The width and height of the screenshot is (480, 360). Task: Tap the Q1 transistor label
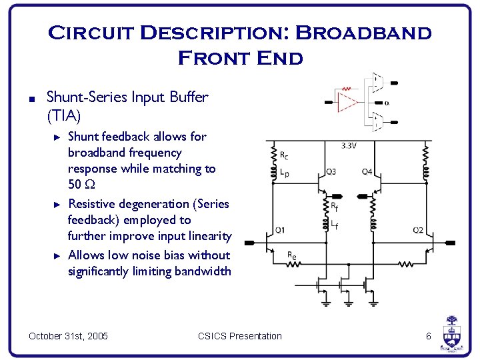280,230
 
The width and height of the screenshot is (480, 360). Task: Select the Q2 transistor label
418,230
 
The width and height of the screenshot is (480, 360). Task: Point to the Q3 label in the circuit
331,171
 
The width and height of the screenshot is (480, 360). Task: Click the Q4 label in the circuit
367,171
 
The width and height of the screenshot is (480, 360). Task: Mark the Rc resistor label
285,157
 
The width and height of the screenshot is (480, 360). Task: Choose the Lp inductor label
285,173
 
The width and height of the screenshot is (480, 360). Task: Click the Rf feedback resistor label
335,207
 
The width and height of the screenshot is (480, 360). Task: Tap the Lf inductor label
335,225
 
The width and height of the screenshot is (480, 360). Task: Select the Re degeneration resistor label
291,255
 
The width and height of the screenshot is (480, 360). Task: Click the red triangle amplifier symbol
347,102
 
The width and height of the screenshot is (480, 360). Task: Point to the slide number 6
429,336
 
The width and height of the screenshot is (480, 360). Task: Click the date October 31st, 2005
68,336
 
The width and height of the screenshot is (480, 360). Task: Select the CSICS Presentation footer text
240,336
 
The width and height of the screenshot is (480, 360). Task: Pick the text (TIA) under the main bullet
63,116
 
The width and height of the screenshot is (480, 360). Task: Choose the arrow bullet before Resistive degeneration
57,204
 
